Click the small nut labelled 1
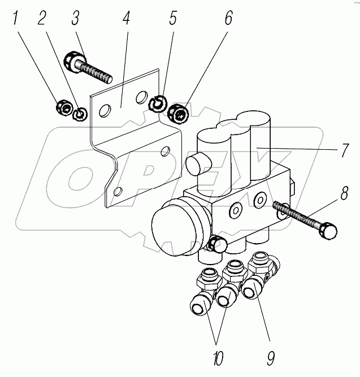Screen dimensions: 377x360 pos(64,106)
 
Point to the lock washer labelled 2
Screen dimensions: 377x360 pos(80,114)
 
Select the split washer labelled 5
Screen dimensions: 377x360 pos(158,103)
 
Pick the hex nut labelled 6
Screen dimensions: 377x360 pos(179,115)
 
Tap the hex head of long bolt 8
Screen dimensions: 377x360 pos(329,231)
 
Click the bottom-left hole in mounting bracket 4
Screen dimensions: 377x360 pos(116,192)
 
